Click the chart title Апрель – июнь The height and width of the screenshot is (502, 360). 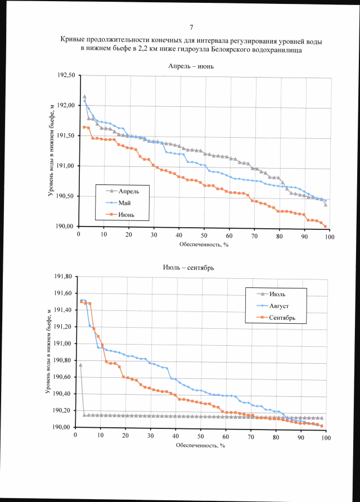click(191, 66)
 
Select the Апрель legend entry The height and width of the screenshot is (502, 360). click(128, 191)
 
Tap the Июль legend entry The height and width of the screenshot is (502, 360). click(279, 294)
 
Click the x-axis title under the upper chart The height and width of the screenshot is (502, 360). click(204, 245)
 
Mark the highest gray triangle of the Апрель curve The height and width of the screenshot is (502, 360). click(84, 97)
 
